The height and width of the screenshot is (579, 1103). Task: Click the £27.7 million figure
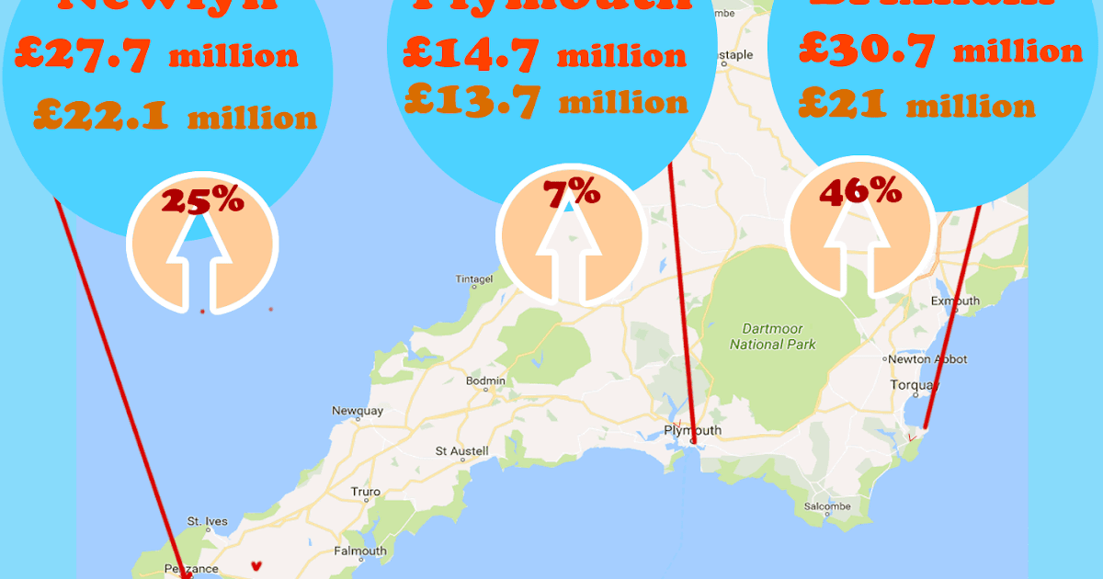[x=157, y=54]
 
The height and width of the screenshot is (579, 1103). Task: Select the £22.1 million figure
[x=175, y=117]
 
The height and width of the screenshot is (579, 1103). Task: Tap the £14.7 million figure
[x=544, y=54]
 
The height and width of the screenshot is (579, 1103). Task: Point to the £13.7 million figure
[x=545, y=101]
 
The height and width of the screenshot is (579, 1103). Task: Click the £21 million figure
[x=916, y=104]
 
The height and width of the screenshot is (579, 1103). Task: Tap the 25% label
[x=202, y=200]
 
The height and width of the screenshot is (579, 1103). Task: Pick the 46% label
[x=861, y=191]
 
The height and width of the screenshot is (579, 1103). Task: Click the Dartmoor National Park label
[x=773, y=335]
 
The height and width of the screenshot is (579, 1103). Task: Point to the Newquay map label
[x=357, y=411]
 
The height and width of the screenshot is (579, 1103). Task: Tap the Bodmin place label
[x=486, y=380]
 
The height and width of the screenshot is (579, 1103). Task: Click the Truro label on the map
[x=365, y=492]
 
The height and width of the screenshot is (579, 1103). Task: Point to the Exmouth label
[x=956, y=301]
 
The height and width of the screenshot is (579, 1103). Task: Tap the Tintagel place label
[x=475, y=278]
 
